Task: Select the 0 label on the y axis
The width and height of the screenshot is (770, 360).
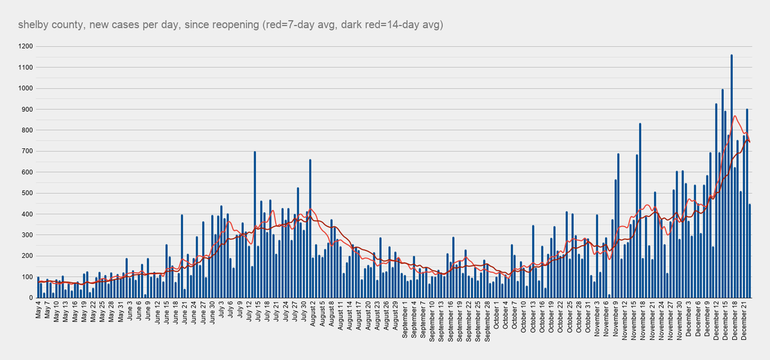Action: (x=31, y=298)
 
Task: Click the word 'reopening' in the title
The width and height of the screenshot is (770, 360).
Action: (x=237, y=24)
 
